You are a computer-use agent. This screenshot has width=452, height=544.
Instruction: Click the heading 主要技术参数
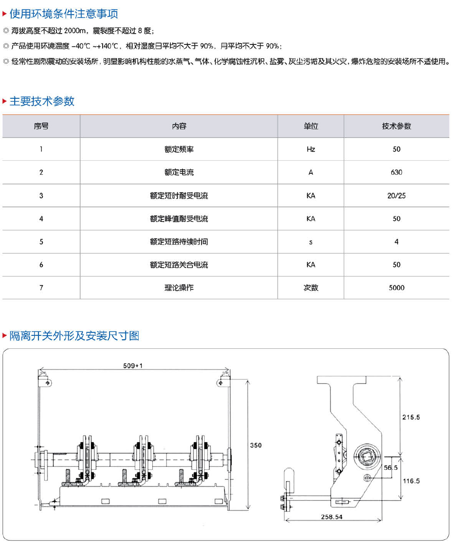pyautogui.click(x=42, y=101)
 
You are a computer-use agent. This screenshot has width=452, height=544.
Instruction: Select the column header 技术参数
pyautogui.click(x=396, y=126)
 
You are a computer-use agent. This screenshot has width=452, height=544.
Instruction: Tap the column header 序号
pyautogui.click(x=41, y=126)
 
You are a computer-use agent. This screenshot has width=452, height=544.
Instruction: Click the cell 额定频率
pyautogui.click(x=179, y=150)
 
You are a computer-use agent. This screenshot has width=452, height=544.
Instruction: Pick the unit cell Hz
pyautogui.click(x=311, y=150)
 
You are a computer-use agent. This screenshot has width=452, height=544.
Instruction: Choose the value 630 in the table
pyautogui.click(x=396, y=172)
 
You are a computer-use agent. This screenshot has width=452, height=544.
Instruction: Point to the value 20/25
pyautogui.click(x=396, y=196)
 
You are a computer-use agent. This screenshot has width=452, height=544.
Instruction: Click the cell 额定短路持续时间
pyautogui.click(x=179, y=242)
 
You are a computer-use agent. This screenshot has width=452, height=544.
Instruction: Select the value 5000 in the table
pyautogui.click(x=396, y=288)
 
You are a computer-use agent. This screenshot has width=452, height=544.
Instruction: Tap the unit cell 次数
pyautogui.click(x=311, y=288)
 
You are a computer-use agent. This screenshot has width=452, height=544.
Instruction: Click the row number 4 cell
pyautogui.click(x=41, y=219)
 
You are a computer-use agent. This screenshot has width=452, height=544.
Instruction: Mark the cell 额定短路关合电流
pyautogui.click(x=179, y=265)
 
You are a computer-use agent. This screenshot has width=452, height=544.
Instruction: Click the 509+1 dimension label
pyautogui.click(x=133, y=366)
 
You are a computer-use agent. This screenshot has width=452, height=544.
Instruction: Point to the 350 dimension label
pyautogui.click(x=256, y=445)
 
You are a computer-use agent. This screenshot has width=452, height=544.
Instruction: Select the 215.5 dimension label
pyautogui.click(x=411, y=417)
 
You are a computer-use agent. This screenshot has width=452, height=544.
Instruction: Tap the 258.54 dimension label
pyautogui.click(x=332, y=517)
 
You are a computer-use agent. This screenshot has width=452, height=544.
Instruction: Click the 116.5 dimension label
pyautogui.click(x=411, y=481)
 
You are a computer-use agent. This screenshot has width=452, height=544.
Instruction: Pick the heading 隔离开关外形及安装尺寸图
pyautogui.click(x=74, y=336)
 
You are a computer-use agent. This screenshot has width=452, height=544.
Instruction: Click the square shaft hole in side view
pyautogui.click(x=367, y=455)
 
